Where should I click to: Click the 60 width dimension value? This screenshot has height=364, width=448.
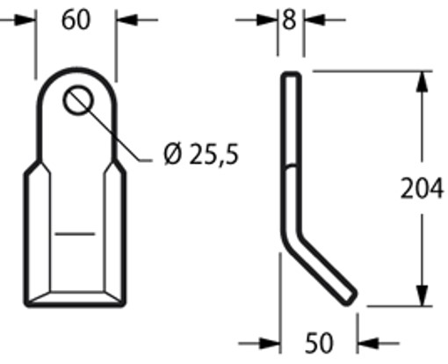[x=76, y=19]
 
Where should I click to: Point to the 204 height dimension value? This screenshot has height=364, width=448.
[x=421, y=189]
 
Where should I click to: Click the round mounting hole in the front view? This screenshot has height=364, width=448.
[x=76, y=101]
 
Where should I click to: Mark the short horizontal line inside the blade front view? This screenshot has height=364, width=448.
[x=75, y=235]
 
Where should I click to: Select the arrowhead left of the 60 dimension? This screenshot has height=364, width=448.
[x=25, y=18]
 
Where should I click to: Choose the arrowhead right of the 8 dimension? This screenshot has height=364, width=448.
[x=313, y=18]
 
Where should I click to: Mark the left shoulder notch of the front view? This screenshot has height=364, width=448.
[x=32, y=165]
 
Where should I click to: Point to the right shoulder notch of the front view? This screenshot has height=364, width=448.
[x=117, y=165]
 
